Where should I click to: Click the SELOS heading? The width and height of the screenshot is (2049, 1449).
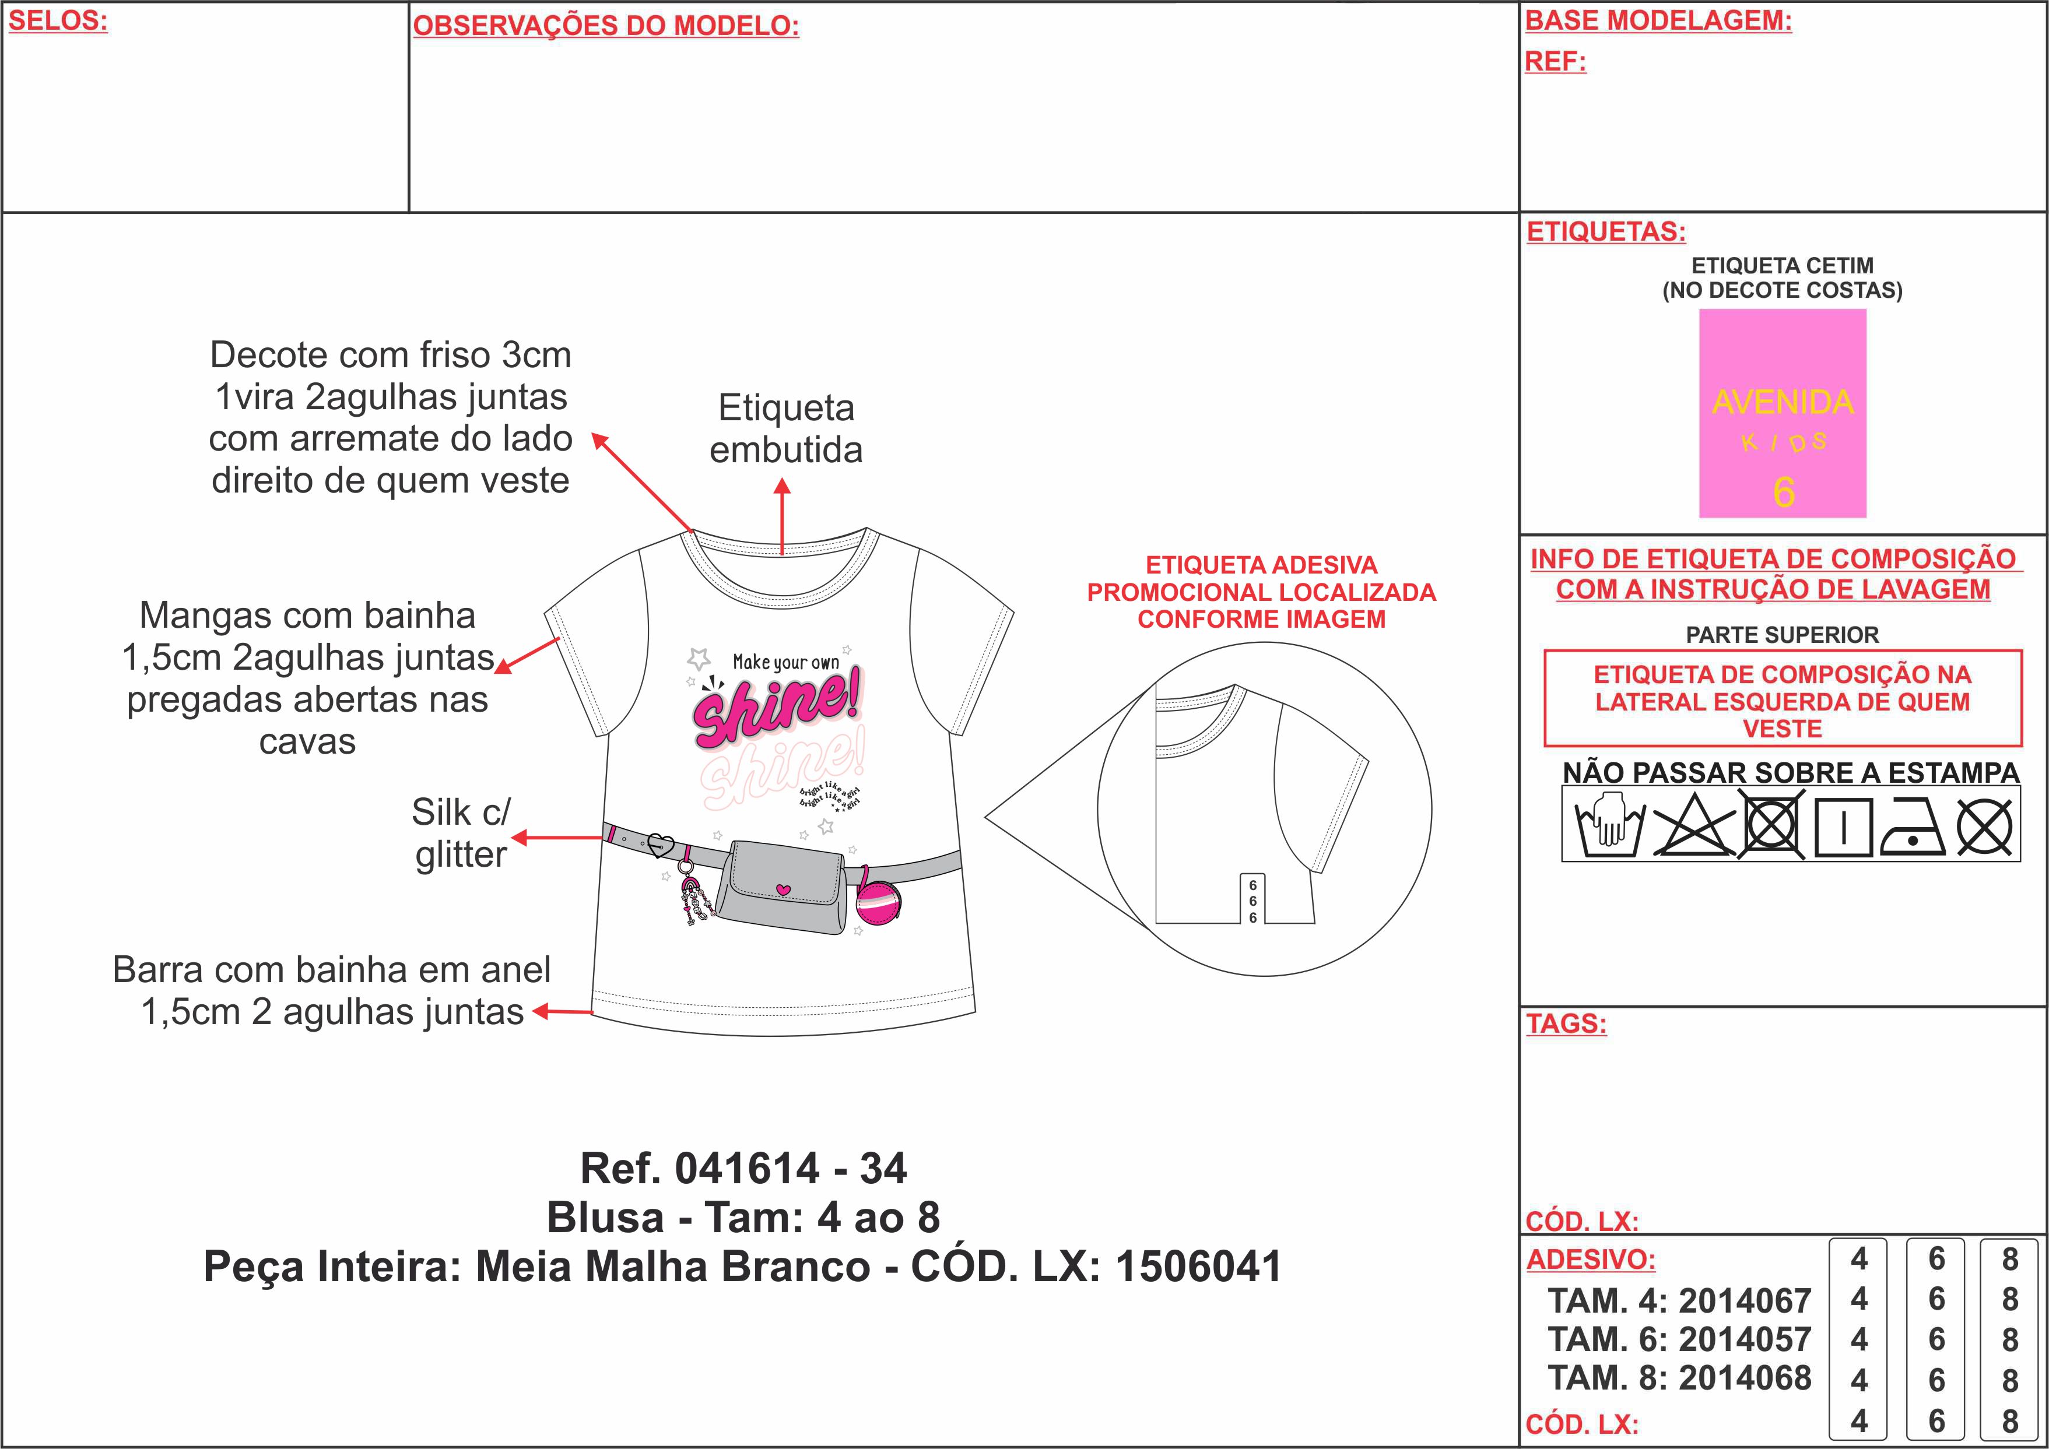pos(58,20)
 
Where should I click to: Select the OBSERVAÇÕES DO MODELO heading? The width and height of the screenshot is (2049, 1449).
pos(606,26)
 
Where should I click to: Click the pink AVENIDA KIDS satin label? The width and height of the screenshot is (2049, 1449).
pos(1782,413)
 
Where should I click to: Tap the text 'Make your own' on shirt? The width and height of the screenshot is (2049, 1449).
pos(785,662)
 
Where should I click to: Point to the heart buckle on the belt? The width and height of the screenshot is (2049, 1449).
pos(659,843)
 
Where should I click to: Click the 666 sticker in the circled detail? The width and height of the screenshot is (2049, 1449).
pos(1253,901)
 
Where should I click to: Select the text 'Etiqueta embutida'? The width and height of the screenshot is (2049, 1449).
pos(786,429)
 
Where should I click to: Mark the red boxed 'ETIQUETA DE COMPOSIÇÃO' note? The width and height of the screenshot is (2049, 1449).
pos(1782,701)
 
